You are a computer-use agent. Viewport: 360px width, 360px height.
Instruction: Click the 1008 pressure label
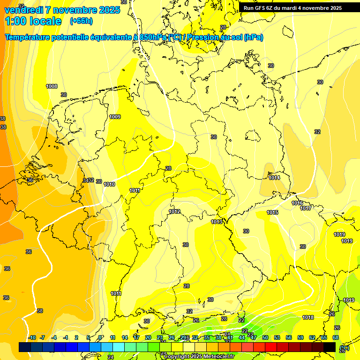[52, 86]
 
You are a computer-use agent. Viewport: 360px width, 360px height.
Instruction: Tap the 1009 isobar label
[115, 117]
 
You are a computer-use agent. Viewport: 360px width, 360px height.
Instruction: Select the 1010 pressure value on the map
[109, 184]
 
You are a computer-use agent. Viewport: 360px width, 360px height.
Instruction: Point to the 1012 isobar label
[175, 212]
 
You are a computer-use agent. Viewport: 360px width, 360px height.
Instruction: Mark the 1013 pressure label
[217, 222]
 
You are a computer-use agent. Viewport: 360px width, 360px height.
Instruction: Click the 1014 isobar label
[275, 178]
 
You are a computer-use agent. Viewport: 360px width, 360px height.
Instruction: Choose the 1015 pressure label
[272, 212]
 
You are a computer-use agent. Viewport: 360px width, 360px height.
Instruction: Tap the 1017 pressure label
[306, 208]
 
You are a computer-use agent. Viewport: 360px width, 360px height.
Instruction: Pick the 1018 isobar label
[308, 318]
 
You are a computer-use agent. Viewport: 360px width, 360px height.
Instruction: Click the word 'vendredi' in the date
[21, 9]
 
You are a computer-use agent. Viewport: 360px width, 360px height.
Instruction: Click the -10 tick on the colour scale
[32, 337]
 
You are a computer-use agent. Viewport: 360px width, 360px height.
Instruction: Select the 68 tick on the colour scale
[336, 337]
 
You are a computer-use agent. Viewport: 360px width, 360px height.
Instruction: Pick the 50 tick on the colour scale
[265, 337]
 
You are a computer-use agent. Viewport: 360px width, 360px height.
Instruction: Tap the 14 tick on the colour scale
[125, 337]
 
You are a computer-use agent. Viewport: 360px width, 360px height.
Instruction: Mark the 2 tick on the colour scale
[76, 337]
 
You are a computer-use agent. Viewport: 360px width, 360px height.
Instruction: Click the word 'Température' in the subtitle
[29, 37]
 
